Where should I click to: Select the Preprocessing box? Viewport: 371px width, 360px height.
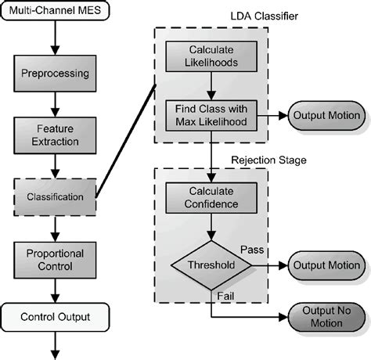(53, 75)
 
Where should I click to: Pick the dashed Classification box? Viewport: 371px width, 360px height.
(53, 196)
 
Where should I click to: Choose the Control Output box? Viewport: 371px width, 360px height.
(53, 317)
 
